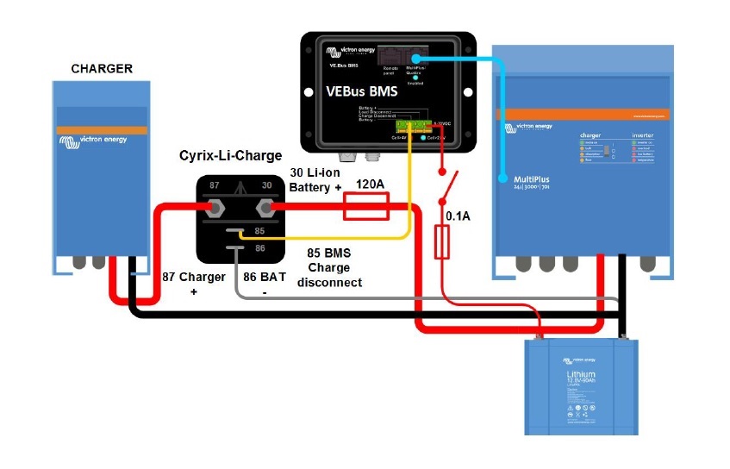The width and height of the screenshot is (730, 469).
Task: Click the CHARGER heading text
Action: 102,69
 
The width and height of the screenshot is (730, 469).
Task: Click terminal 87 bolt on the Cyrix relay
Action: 216,207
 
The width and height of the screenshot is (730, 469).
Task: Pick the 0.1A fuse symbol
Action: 442,243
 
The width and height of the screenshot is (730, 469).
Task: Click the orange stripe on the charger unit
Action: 102,129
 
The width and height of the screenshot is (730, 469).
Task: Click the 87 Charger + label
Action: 194,285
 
